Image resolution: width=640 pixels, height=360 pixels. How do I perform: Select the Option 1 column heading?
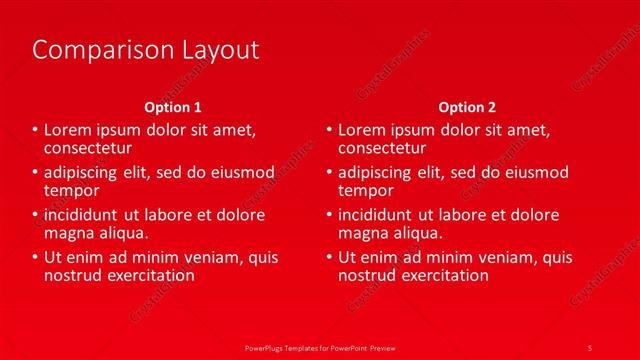click(x=173, y=107)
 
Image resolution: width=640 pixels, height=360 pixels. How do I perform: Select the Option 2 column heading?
click(x=466, y=107)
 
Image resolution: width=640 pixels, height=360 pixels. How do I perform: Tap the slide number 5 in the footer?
click(x=590, y=347)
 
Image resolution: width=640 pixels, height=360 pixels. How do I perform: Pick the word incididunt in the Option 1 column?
click(x=82, y=215)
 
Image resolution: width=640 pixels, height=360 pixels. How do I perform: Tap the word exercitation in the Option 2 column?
click(x=444, y=275)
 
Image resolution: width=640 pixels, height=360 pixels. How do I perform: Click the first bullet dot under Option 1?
click(x=36, y=130)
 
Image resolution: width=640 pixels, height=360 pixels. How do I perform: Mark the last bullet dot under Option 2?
click(x=329, y=258)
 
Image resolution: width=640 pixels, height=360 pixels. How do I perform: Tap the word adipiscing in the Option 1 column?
click(x=82, y=173)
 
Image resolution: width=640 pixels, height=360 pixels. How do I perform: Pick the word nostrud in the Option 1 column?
click(x=73, y=275)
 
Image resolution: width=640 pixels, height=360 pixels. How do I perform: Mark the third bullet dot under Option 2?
click(x=329, y=215)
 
